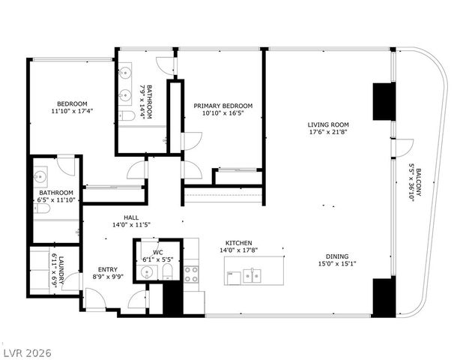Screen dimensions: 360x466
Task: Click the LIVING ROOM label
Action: [x=328, y=124]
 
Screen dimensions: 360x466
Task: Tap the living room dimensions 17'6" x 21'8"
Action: [x=328, y=133]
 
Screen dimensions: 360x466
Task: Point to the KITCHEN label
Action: [x=239, y=243]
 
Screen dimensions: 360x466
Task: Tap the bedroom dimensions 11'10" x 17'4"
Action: [x=73, y=112]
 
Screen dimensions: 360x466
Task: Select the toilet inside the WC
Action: [x=169, y=271]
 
